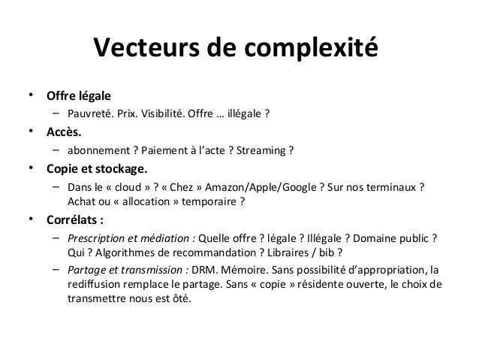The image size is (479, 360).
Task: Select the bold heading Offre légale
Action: coord(78,96)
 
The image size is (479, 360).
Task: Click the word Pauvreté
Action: coord(88,115)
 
